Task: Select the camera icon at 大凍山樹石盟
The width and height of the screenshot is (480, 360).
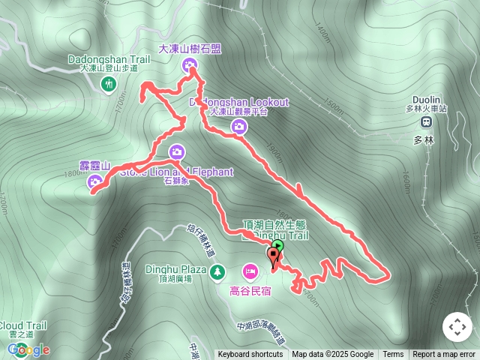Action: [x=188, y=66]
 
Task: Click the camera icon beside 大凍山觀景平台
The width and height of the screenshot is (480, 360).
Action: [x=238, y=127]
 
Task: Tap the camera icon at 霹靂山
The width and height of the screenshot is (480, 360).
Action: [x=95, y=181]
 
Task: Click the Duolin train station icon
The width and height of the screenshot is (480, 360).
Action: [x=425, y=121]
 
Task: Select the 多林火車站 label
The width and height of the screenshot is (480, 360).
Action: [x=425, y=109]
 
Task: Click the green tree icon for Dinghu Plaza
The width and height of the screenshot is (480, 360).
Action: [x=217, y=270]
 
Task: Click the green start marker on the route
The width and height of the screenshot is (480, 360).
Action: [x=279, y=245]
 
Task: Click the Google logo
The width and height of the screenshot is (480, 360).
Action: [x=30, y=349]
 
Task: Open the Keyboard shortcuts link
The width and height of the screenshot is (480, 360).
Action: [x=250, y=355]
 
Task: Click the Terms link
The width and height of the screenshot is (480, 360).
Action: [x=393, y=355]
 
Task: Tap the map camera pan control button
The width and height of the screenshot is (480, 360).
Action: [x=457, y=326]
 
